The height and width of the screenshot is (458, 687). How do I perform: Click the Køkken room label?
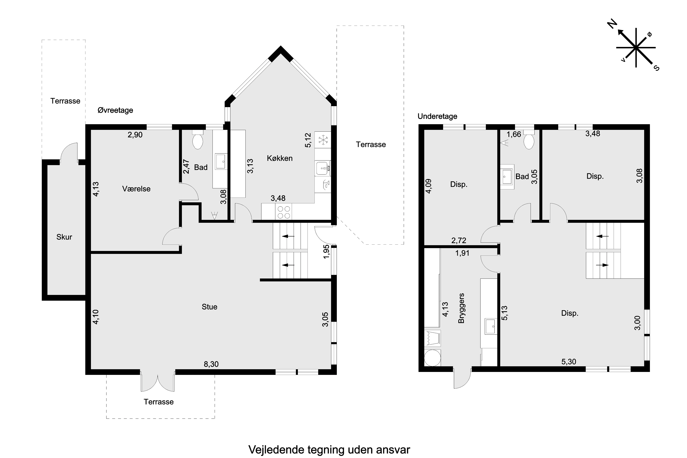280,158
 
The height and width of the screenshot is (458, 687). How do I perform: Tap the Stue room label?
209,307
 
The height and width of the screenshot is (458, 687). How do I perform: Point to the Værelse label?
136,189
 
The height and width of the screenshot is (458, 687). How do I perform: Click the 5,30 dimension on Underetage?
569,362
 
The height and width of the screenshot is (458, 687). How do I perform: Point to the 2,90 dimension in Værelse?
135,135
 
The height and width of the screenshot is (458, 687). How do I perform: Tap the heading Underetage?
437,116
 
